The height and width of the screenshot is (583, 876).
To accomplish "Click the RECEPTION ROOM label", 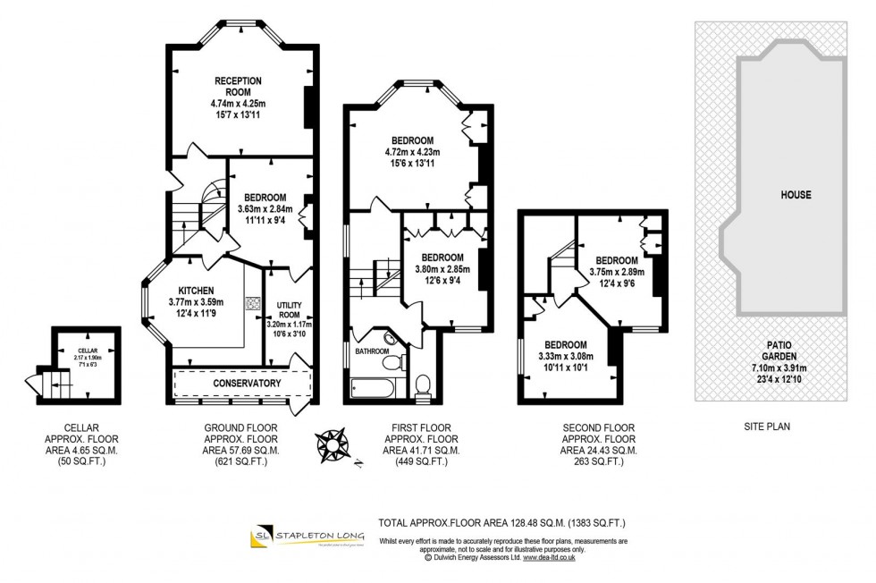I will [238, 86].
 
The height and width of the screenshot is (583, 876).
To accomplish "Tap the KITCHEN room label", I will [194, 291].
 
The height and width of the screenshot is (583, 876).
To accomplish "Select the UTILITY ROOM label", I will [289, 310].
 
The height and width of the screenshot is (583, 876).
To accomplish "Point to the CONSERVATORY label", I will [246, 384].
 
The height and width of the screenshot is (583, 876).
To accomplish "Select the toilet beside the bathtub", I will [424, 384].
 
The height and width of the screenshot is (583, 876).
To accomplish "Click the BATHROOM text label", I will [373, 351].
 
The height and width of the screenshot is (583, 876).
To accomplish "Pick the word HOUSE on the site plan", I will [795, 194].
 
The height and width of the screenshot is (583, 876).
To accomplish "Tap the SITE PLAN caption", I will [767, 427].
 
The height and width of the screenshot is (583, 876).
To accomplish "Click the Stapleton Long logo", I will [307, 537].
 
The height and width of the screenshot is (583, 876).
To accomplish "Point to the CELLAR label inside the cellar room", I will [86, 351].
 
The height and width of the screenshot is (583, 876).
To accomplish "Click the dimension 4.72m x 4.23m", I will [412, 152].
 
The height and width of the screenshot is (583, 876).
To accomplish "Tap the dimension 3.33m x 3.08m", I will [566, 357].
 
